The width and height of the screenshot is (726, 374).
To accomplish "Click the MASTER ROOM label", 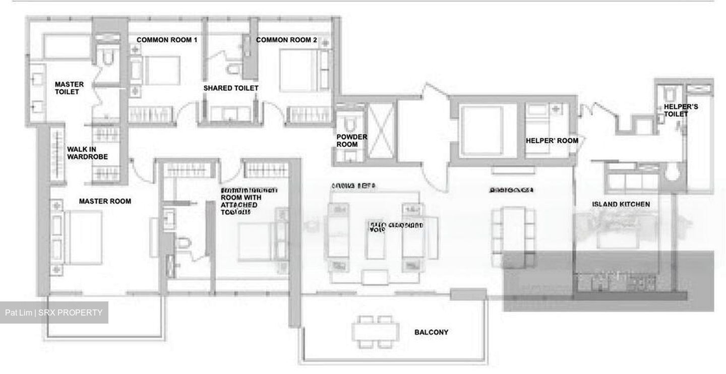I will (105, 201).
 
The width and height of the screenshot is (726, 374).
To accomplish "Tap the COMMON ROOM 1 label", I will (167, 40).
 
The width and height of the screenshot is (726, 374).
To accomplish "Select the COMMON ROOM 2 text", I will (286, 40).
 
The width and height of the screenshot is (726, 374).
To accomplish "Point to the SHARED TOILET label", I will (231, 88).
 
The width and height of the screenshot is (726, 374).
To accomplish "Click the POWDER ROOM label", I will (352, 141).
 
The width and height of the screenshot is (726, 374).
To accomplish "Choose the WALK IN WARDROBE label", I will (87, 153).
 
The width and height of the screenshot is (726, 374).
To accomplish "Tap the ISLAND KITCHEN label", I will (621, 204).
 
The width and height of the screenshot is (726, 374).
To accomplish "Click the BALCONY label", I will (431, 332).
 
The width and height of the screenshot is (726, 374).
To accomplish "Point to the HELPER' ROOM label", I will (552, 141).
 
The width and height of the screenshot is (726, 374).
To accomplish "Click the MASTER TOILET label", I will (69, 88).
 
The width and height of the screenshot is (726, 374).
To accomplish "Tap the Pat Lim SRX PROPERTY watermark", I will (54, 313).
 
